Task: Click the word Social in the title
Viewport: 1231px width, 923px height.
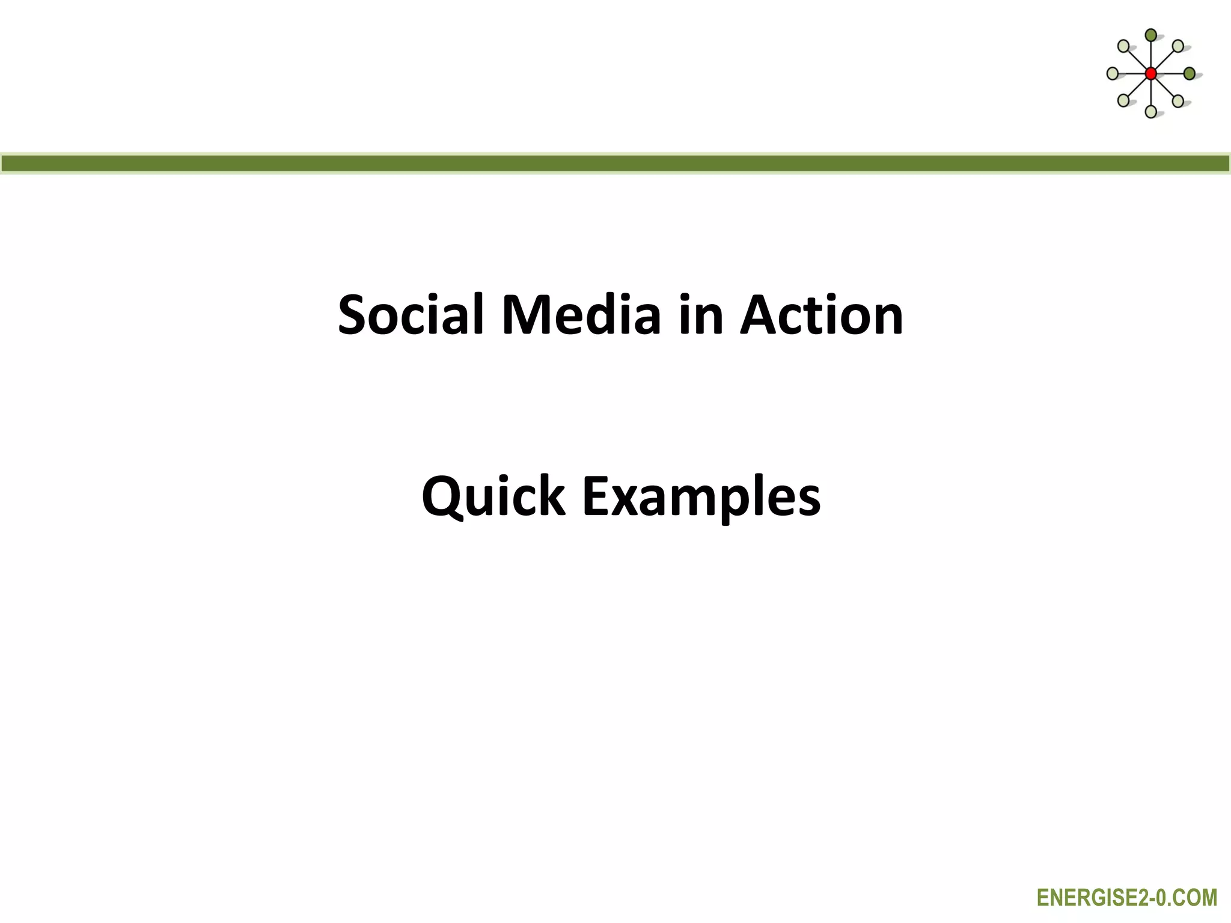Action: pyautogui.click(x=411, y=315)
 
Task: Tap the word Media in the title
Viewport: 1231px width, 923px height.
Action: pyautogui.click(x=581, y=315)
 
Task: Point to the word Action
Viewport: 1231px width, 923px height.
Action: pyautogui.click(x=822, y=315)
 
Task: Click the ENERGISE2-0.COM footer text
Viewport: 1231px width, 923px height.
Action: pyautogui.click(x=1126, y=898)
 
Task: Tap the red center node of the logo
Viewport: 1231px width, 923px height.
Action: pyautogui.click(x=1150, y=73)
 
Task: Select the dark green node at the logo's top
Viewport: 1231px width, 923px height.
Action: pyautogui.click(x=1150, y=35)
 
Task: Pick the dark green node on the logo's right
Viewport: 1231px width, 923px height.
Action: pyautogui.click(x=1189, y=73)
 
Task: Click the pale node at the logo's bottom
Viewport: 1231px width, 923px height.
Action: pyautogui.click(x=1150, y=111)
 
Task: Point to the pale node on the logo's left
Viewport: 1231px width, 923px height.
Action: pyautogui.click(x=1113, y=73)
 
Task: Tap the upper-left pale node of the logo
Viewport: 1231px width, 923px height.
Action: pyautogui.click(x=1123, y=46)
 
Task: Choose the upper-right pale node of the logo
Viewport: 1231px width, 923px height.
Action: pyautogui.click(x=1178, y=46)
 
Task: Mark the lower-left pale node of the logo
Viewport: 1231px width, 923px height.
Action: pyautogui.click(x=1123, y=100)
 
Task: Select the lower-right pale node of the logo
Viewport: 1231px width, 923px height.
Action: pyautogui.click(x=1178, y=100)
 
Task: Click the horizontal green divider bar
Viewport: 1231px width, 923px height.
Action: pyautogui.click(x=615, y=163)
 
